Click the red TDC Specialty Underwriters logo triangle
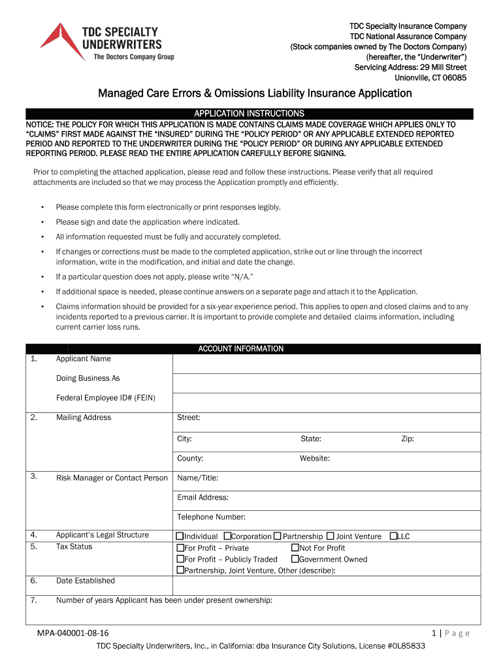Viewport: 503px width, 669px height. coord(55,41)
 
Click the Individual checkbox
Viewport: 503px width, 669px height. coord(180,536)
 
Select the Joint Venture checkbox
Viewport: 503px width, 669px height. coord(330,536)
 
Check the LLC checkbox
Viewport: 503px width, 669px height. coord(393,536)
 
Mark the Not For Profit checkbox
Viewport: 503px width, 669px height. coord(295,548)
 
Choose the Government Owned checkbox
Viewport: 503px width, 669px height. coord(295,559)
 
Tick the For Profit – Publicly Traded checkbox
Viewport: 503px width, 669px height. coord(180,559)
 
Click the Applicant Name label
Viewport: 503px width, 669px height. coord(83,359)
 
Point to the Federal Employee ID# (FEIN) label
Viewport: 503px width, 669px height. coord(105,398)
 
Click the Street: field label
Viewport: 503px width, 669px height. coord(188,417)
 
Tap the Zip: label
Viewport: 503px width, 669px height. coord(407,439)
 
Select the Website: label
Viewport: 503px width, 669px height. coord(314,459)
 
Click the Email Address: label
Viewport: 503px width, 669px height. coord(203,497)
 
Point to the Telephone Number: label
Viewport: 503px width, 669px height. coord(211,517)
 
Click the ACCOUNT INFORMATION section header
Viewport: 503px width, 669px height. coord(240,349)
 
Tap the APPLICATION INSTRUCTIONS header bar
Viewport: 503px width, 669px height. coord(250,113)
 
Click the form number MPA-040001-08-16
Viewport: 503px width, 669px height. coord(73,633)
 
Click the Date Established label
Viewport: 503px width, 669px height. coord(85,581)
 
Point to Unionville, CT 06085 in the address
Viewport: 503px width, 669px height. coord(430,78)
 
